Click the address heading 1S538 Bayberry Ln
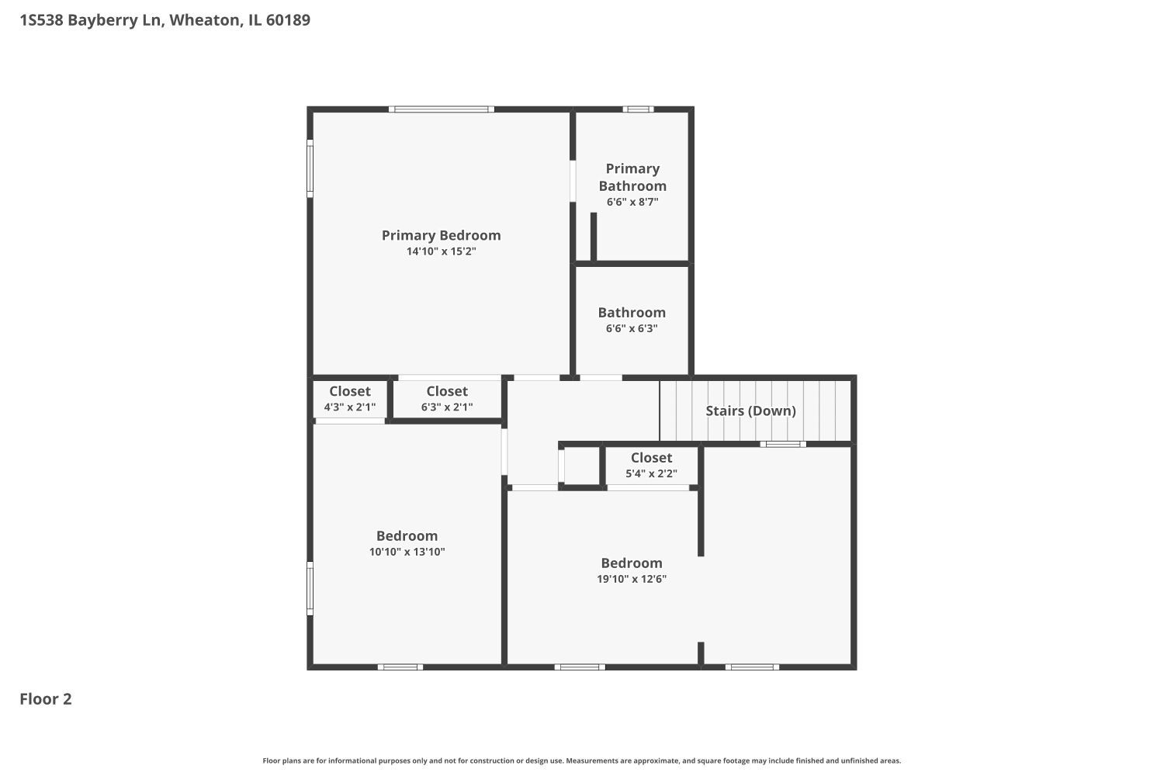(x=165, y=20)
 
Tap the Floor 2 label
(x=46, y=699)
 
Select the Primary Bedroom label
(x=441, y=235)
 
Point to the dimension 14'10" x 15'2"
(x=441, y=251)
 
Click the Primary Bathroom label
(x=632, y=177)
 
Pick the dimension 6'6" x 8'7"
(x=632, y=202)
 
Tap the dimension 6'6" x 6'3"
(x=632, y=328)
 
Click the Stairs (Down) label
(x=750, y=411)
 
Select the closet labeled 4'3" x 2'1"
(x=349, y=399)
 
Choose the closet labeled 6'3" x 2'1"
(x=447, y=399)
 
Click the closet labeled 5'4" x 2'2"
(x=651, y=466)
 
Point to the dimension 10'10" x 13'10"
(x=407, y=552)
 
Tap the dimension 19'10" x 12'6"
(x=632, y=579)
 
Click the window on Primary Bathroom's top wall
(x=639, y=109)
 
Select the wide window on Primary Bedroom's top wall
(x=441, y=109)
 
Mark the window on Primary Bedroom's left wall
(x=310, y=168)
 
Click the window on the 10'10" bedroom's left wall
(x=310, y=588)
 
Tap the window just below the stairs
(x=782, y=444)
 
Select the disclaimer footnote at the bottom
(x=582, y=761)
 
